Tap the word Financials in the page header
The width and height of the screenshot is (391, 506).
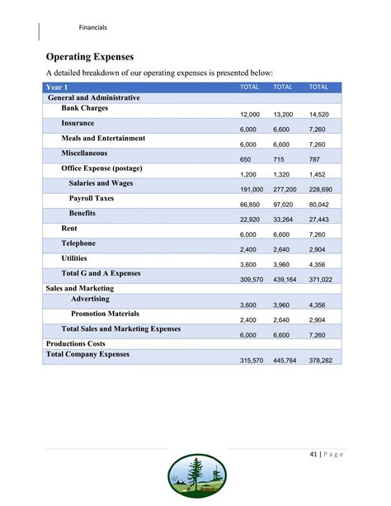coord(92,28)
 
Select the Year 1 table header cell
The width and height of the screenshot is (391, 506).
coord(58,87)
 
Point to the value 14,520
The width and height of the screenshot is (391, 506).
coord(318,115)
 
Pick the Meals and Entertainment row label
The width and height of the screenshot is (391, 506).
coord(103,138)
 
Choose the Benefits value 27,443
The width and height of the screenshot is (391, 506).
coord(318,219)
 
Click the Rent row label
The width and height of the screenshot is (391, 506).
coord(70,228)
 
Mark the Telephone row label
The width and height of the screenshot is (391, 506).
coord(78,243)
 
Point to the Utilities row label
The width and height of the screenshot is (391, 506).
coord(76,258)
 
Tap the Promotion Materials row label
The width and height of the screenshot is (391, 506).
coord(105,314)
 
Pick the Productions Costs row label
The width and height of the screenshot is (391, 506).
coord(76,343)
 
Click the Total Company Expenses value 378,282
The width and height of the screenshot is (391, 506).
coord(318,361)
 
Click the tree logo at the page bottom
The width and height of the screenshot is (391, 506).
coord(197,479)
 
